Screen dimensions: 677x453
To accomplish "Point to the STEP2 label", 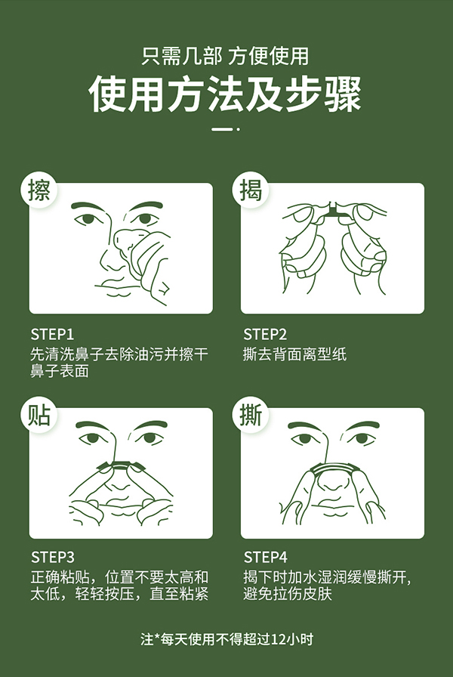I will [x=265, y=334].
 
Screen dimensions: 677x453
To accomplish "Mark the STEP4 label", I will [x=265, y=558].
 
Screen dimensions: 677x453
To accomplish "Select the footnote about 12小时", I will [x=226, y=639].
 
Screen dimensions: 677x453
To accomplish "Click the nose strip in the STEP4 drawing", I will [x=330, y=467].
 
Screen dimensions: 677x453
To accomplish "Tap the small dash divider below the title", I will [x=226, y=129].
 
